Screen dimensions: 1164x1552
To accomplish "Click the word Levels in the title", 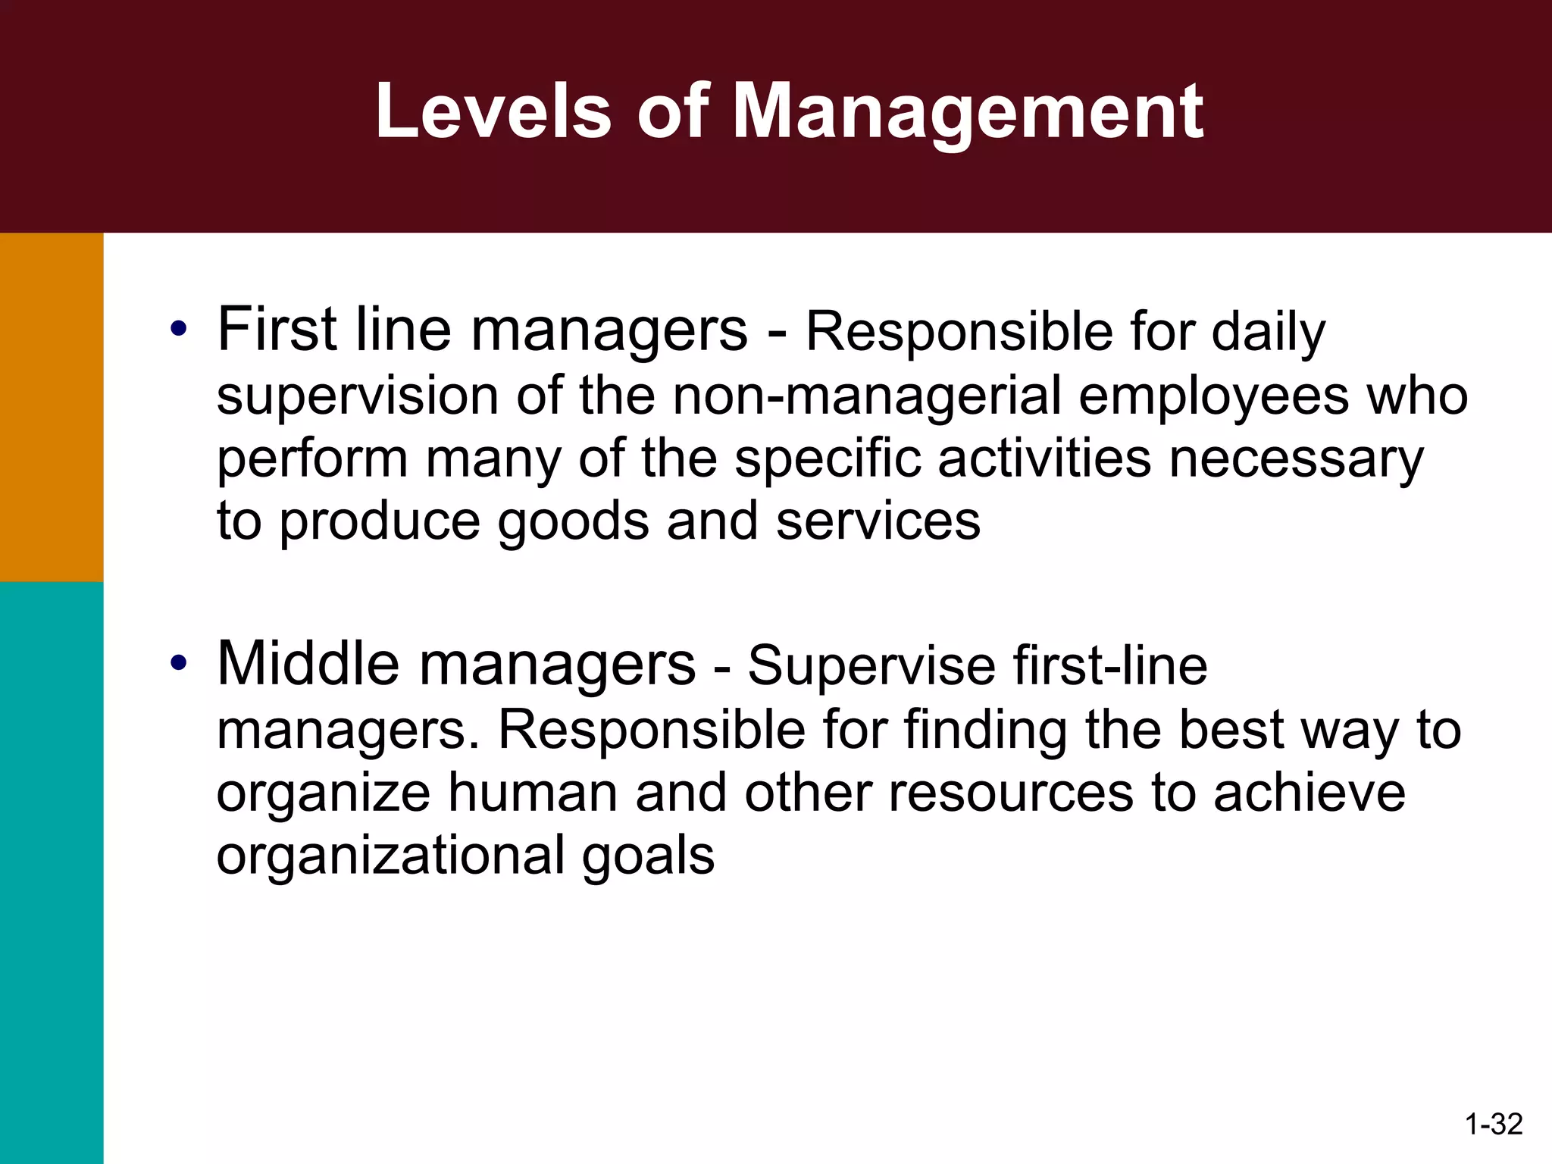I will pyautogui.click(x=493, y=111).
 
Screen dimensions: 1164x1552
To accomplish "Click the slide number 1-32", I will pyautogui.click(x=1494, y=1124).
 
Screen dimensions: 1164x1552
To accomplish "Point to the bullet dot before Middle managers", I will pyautogui.click(x=179, y=663).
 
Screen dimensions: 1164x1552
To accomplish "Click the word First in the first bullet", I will pyautogui.click(x=277, y=330).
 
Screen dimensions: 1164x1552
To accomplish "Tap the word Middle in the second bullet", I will pyautogui.click(x=308, y=664).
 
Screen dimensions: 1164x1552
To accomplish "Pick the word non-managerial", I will pyautogui.click(x=866, y=396).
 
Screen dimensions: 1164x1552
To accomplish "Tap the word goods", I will pyautogui.click(x=573, y=523).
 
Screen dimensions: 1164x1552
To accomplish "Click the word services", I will pyautogui.click(x=878, y=521).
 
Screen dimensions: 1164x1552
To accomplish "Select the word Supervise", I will pyautogui.click(x=871, y=667).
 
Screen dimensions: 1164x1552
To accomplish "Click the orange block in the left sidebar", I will pyautogui.click(x=52, y=407).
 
